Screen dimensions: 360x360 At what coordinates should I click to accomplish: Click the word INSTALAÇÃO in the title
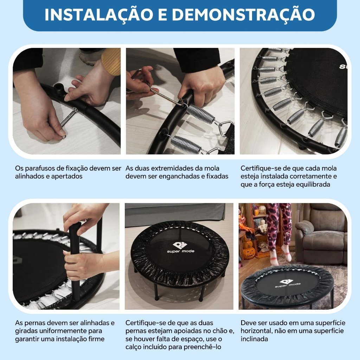(x=99, y=14)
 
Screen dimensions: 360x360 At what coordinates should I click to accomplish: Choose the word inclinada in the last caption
(x=254, y=339)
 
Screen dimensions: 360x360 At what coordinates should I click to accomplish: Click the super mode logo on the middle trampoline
(x=180, y=247)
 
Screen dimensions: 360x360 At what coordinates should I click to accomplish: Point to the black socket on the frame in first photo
(x=58, y=89)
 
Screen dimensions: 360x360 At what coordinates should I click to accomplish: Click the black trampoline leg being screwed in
(x=75, y=261)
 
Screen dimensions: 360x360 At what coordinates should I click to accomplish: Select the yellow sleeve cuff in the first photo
(x=111, y=61)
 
